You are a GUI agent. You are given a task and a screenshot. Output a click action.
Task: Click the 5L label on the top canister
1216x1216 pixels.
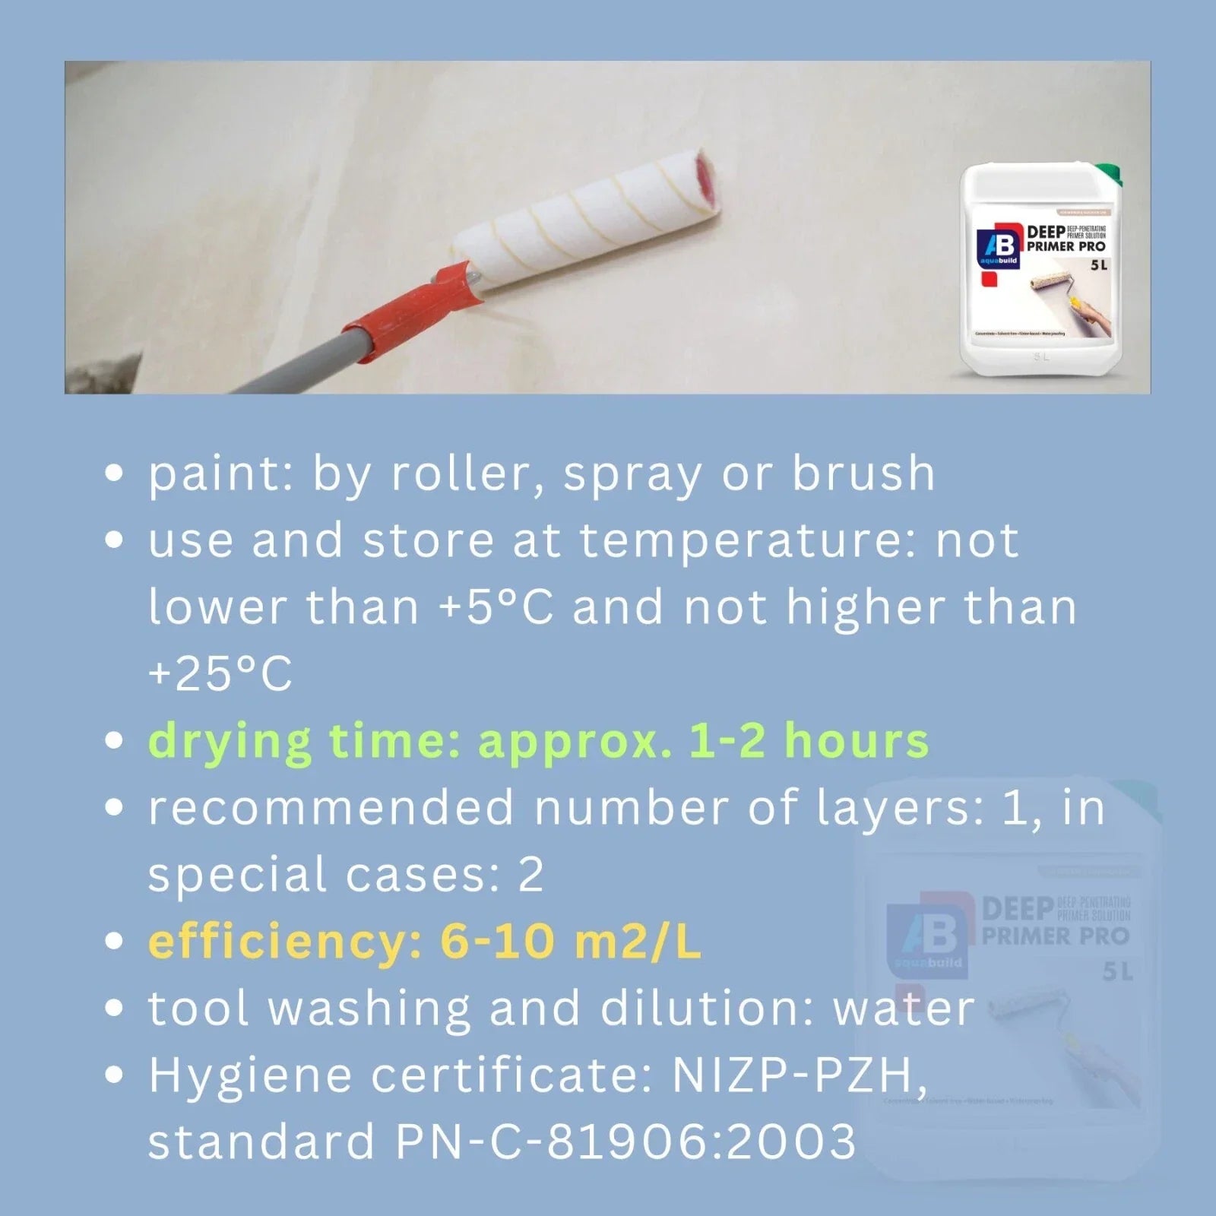pos(1099,266)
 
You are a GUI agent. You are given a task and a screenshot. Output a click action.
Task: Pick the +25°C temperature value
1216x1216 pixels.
pos(220,674)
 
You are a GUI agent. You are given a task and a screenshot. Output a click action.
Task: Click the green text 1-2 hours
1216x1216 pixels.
pos(809,740)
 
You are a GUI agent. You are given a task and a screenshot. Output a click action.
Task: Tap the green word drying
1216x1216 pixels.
pos(230,742)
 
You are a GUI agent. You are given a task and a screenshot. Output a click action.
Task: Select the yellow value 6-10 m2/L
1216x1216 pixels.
pos(570,942)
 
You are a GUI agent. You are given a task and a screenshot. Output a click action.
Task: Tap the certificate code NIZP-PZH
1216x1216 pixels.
pos(798,1075)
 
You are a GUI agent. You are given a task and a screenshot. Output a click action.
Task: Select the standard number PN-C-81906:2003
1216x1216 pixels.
pos(625,1142)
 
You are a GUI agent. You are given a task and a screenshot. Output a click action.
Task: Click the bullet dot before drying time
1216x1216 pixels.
pos(114,740)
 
